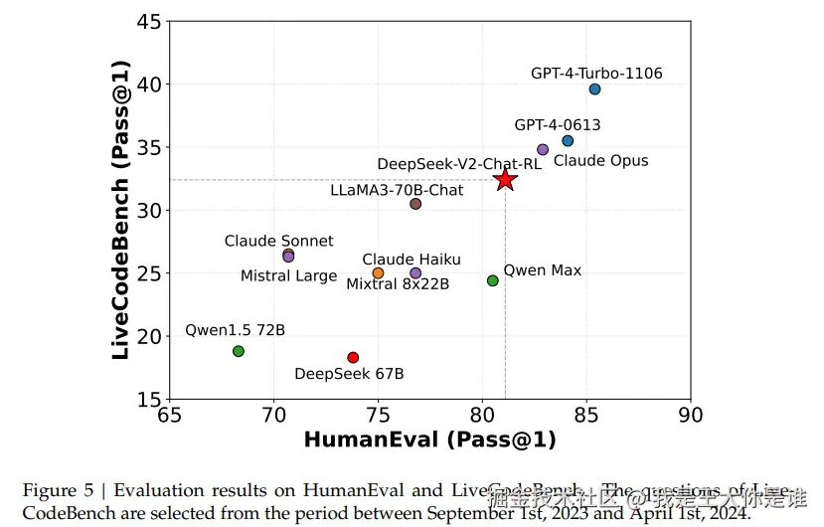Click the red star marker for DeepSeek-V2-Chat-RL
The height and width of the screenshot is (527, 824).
(505, 179)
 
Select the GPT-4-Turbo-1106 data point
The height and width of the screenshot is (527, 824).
(594, 89)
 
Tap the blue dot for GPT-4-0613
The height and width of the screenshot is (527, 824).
(568, 141)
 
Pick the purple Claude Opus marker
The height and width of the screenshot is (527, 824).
(543, 149)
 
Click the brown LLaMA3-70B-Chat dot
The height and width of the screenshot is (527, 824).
(415, 204)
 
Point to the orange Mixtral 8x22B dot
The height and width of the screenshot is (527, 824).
(378, 272)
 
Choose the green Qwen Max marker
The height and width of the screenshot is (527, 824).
(493, 280)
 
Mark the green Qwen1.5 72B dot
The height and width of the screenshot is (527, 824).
(239, 351)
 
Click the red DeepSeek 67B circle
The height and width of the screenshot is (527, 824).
(353, 357)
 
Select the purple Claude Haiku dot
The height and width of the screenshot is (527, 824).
(415, 272)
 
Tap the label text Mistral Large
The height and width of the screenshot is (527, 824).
(288, 276)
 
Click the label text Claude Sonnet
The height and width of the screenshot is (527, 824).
(278, 242)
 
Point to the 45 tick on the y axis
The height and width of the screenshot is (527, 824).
(148, 22)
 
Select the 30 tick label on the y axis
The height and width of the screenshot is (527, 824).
(148, 211)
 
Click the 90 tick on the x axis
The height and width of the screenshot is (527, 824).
(690, 415)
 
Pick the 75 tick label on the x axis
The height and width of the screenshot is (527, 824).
(378, 415)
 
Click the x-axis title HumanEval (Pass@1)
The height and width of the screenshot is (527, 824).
(429, 439)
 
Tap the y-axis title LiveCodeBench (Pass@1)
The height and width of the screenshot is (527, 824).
(120, 209)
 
